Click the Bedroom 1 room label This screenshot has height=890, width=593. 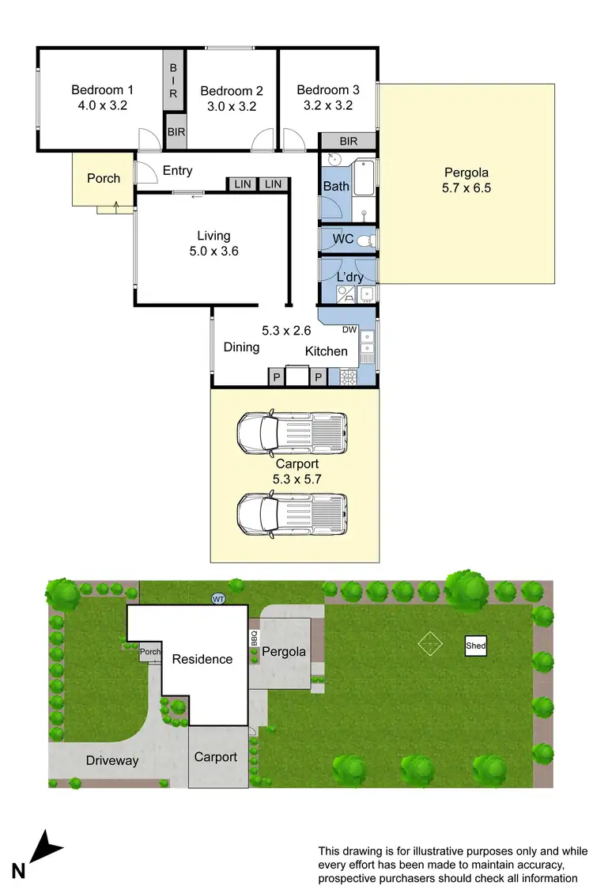(103, 89)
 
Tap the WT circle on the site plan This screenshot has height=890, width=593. (218, 599)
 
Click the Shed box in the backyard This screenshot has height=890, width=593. (475, 646)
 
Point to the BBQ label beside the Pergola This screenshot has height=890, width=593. (255, 638)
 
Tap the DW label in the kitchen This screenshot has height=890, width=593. (349, 330)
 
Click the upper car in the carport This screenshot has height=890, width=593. (293, 431)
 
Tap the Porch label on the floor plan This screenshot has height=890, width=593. (104, 179)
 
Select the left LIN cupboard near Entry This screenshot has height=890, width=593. (242, 184)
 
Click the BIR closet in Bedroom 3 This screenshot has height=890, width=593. (348, 142)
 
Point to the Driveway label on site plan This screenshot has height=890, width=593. (112, 760)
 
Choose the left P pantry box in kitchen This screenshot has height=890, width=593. (277, 377)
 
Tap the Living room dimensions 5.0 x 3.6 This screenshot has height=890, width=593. (213, 252)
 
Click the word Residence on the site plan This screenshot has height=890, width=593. (202, 659)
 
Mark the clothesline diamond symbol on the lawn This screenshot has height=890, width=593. (429, 644)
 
